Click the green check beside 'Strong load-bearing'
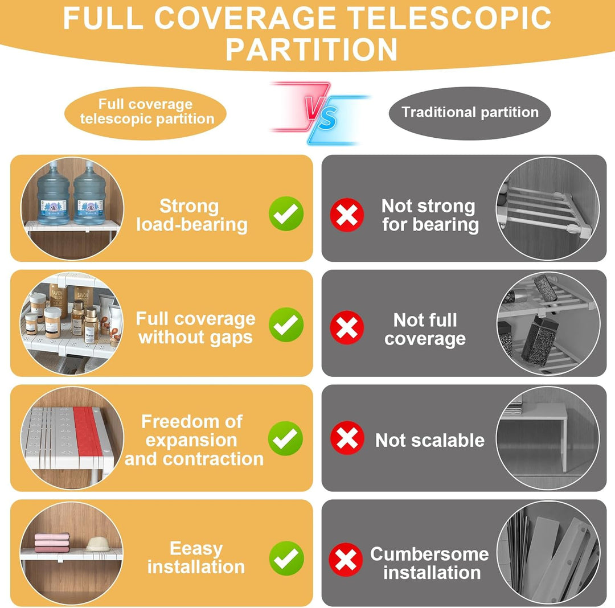286,213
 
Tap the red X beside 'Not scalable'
347,438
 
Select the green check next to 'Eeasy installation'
286,558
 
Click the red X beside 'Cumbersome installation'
346,560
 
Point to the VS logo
320,113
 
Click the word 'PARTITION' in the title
311,50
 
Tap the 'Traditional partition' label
470,113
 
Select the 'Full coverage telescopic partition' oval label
146,113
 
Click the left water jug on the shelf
54,194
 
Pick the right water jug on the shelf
89,194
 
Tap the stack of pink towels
52,543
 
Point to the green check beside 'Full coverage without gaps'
286,324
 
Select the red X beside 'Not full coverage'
347,327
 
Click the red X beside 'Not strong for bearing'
347,215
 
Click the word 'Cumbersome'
429,554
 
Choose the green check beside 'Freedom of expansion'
285,438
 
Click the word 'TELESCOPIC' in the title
449,18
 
